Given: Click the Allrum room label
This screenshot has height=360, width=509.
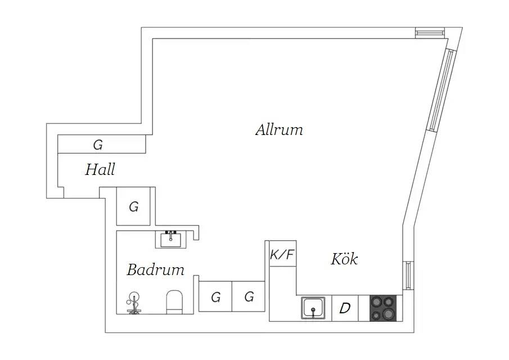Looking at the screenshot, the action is [279, 129].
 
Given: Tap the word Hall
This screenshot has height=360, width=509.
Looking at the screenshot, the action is [100, 169].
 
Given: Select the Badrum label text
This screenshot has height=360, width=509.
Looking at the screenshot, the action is [155, 270].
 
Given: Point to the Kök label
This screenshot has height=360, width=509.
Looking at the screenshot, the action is [344, 259].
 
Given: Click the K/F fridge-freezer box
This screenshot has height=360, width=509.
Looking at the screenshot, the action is [283, 254].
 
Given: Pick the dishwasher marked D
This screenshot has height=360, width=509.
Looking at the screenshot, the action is [345, 308].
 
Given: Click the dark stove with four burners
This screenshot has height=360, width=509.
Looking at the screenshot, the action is [383, 308].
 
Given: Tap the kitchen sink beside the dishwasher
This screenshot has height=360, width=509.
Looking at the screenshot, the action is [313, 308].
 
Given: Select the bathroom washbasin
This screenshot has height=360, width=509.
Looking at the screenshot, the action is [171, 239].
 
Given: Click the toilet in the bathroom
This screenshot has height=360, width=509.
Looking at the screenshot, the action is [175, 302].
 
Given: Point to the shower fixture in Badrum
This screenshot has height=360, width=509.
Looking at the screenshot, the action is [134, 303].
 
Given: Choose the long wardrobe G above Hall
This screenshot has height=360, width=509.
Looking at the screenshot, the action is [102, 144].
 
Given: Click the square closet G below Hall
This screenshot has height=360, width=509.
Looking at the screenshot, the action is [133, 206].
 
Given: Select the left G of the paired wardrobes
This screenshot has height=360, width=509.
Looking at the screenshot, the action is [215, 296].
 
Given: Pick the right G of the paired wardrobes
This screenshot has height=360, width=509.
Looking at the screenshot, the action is [249, 296].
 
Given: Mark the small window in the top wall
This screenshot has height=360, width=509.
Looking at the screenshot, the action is [429, 33].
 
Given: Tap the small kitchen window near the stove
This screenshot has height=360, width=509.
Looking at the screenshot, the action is [408, 275].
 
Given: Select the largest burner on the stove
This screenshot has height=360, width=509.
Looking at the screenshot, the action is [389, 314].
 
